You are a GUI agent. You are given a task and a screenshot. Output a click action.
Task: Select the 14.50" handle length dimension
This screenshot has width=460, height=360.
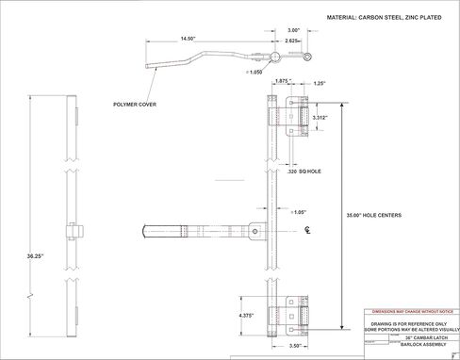pos(185,39)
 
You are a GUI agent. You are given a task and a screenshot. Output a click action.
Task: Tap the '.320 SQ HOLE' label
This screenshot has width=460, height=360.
pos(306,173)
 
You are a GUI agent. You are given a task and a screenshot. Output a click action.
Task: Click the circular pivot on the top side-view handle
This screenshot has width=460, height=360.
pos(273,57)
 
